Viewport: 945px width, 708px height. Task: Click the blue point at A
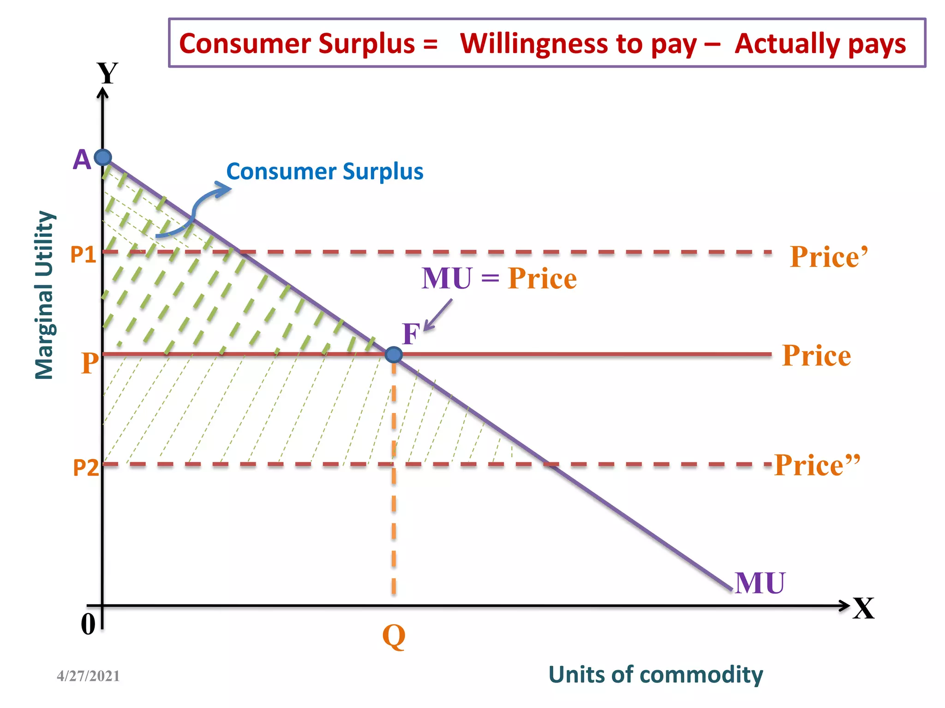[103, 158]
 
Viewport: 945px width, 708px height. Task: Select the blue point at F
[394, 354]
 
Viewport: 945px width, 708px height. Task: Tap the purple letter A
[82, 160]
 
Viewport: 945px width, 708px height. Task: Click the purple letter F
[411, 334]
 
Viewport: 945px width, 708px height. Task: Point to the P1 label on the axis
[83, 254]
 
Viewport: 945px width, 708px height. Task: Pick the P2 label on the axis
[86, 468]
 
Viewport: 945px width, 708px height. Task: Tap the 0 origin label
[88, 625]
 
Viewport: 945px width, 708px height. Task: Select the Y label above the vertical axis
[108, 73]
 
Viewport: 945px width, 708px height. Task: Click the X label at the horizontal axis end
[863, 608]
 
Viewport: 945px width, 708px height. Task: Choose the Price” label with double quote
[817, 465]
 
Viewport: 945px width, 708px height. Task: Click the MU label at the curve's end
[760, 583]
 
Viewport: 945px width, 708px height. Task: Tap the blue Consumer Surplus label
[324, 171]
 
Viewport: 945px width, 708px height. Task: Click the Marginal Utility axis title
[45, 295]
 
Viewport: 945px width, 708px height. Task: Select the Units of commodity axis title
[655, 674]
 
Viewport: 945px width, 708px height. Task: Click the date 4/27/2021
[88, 676]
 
